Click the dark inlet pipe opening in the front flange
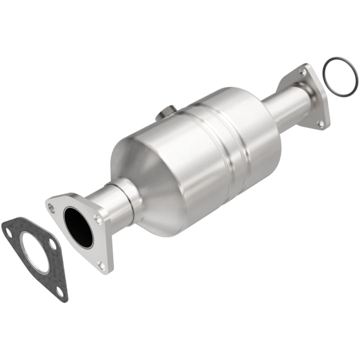78,227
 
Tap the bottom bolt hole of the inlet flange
102,264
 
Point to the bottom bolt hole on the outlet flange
321,121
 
